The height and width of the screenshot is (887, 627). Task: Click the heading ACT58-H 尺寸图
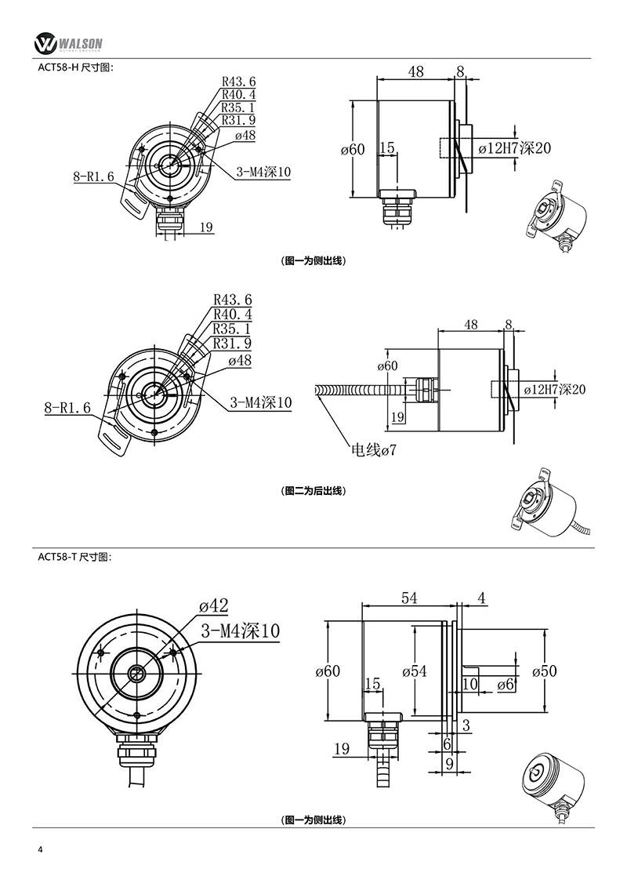pyautogui.click(x=76, y=67)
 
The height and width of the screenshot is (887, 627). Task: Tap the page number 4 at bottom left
pyautogui.click(x=40, y=850)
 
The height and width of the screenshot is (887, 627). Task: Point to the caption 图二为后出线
pyautogui.click(x=313, y=491)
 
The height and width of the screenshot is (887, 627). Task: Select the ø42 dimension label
pyautogui.click(x=213, y=606)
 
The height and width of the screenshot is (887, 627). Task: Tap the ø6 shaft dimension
pyautogui.click(x=506, y=685)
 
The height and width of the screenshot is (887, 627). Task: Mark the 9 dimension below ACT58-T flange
pyautogui.click(x=448, y=762)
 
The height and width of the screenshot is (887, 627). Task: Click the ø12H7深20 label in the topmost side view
pyautogui.click(x=515, y=149)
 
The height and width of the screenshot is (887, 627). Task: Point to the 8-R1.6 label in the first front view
pyautogui.click(x=94, y=177)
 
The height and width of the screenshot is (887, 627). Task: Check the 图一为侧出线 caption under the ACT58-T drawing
pyautogui.click(x=313, y=820)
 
